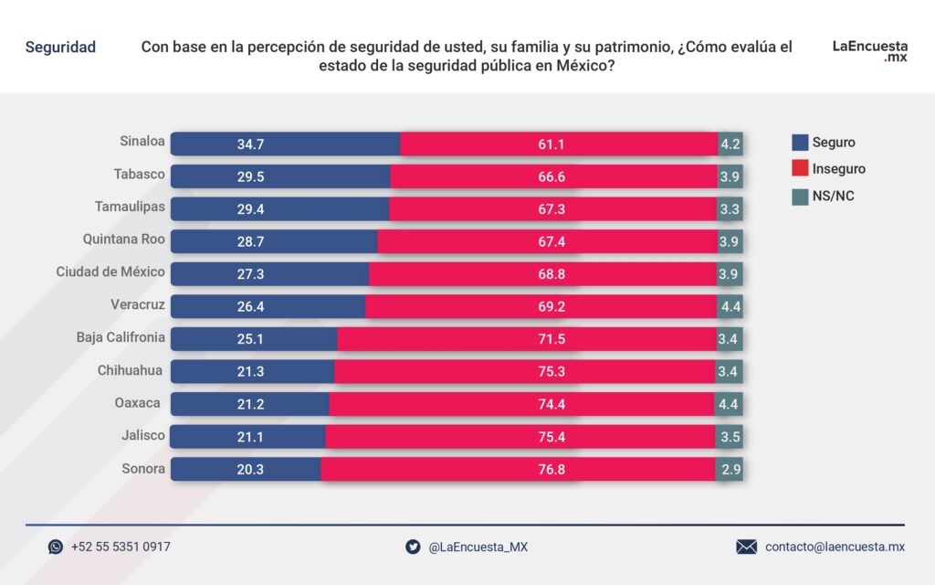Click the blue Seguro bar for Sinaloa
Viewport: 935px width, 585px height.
coord(285,144)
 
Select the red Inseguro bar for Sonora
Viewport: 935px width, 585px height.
coord(518,469)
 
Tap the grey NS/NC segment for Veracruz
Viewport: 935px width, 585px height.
coord(730,306)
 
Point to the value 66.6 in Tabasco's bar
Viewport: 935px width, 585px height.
coord(552,176)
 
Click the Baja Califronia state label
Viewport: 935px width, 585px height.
coord(121,337)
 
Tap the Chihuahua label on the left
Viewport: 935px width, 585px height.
coord(131,370)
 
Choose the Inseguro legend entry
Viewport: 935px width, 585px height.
coord(838,169)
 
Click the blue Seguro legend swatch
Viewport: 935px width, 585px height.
coord(800,143)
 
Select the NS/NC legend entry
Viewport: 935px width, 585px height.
coord(833,196)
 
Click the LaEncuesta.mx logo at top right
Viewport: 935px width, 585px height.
coord(869,49)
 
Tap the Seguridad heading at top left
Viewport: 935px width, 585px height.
coord(60,48)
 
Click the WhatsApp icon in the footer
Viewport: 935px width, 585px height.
coord(56,547)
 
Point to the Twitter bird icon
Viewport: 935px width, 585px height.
coord(413,547)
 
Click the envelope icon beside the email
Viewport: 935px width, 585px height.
coord(746,547)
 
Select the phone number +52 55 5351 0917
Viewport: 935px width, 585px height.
coord(121,547)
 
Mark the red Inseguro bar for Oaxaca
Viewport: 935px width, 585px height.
coord(521,404)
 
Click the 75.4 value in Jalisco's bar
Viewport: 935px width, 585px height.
coord(552,437)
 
